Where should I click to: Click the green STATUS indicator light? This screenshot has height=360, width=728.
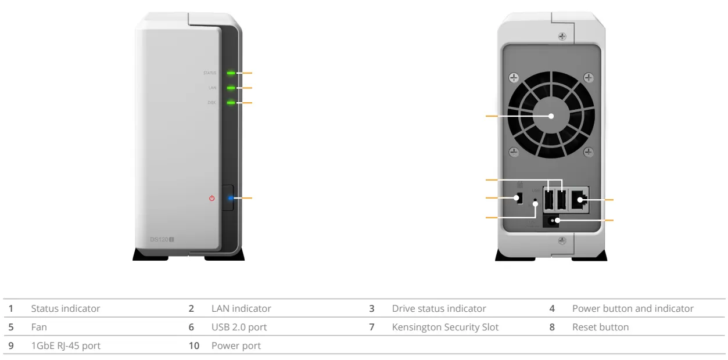point(231,73)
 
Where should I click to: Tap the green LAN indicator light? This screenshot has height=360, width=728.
point(231,88)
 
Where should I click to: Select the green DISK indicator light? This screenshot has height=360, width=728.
point(231,103)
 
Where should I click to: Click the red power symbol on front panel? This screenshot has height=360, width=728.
point(211,199)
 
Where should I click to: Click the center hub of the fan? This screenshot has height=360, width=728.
point(550,116)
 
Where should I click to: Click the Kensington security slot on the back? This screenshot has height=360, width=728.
point(520,199)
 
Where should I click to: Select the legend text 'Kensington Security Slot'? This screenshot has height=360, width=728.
point(445,327)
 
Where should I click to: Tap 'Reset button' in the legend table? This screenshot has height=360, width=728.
point(600,327)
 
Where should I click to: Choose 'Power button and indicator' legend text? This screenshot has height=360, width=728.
point(633,308)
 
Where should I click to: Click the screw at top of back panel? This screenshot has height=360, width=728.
point(562,37)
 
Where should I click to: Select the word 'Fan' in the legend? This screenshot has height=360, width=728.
point(37,327)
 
